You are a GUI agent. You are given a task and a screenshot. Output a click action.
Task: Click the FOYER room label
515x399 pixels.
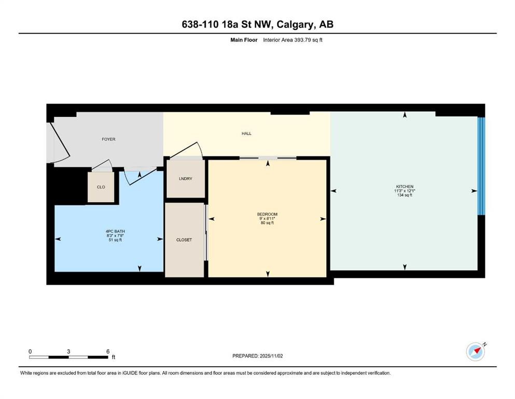pyautogui.click(x=108, y=139)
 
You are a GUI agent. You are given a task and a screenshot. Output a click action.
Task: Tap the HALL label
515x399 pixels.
pyautogui.click(x=246, y=133)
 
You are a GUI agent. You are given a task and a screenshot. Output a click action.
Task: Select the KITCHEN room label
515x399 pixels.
pyautogui.click(x=405, y=187)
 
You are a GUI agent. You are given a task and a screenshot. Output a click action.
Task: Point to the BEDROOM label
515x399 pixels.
pyautogui.click(x=267, y=214)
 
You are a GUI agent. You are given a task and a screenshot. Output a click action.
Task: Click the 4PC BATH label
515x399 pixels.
pyautogui.click(x=115, y=231)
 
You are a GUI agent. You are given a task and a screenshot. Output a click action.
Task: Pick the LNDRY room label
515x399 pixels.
pyautogui.click(x=186, y=179)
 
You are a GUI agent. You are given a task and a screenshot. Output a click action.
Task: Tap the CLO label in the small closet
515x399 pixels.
pyautogui.click(x=101, y=187)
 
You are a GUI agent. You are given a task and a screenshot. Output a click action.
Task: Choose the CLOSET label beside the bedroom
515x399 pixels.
pyautogui.click(x=184, y=240)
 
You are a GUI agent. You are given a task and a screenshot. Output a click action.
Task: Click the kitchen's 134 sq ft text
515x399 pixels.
pyautogui.click(x=405, y=195)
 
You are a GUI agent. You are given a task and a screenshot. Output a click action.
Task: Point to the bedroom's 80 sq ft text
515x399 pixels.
pyautogui.click(x=267, y=223)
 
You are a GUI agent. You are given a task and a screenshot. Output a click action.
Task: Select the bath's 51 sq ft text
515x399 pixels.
pyautogui.click(x=115, y=240)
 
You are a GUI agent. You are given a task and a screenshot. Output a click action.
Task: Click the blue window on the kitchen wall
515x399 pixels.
pyautogui.click(x=481, y=166)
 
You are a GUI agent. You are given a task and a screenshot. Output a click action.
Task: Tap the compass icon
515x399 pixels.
pyautogui.click(x=476, y=352)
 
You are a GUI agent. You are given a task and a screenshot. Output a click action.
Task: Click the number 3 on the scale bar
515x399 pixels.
pyautogui.click(x=68, y=351)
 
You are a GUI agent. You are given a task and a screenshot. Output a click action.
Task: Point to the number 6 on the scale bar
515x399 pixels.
pyautogui.click(x=108, y=351)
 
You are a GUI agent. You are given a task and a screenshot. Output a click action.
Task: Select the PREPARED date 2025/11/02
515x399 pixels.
pyautogui.click(x=271, y=356)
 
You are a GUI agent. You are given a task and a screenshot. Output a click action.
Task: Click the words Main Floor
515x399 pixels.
pyautogui.click(x=244, y=40)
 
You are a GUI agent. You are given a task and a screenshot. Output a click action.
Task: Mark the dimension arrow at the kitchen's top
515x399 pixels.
pyautogui.click(x=405, y=114)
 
